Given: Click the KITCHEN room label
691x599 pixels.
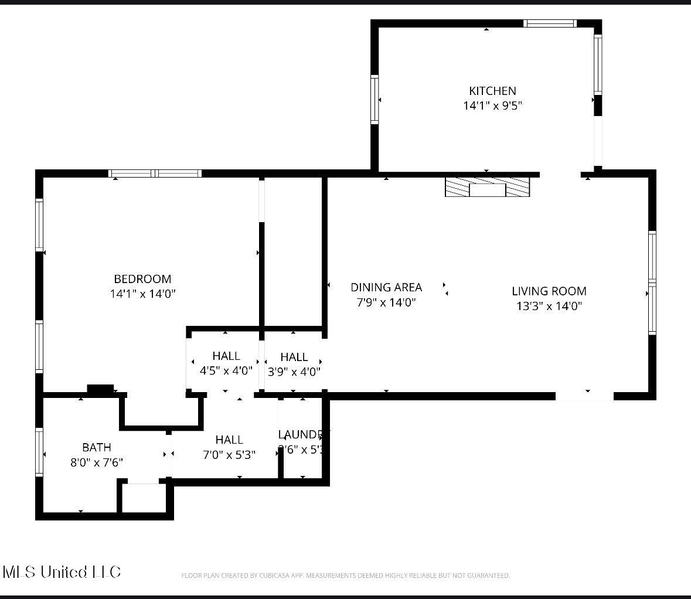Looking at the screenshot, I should [x=492, y=91].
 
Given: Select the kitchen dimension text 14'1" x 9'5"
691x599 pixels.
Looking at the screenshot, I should [x=492, y=106].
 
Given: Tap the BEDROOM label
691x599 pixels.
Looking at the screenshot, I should [x=142, y=279].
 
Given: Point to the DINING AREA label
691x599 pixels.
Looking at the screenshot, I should [x=386, y=287].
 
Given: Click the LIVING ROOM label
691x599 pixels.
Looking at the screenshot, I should [x=549, y=291].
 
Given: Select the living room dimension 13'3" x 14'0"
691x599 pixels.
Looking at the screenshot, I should [x=549, y=306].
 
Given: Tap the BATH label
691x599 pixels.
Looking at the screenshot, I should [x=97, y=447].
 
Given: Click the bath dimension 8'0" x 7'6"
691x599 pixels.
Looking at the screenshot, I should [x=97, y=462].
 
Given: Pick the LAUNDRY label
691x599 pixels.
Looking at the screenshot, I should [x=302, y=435].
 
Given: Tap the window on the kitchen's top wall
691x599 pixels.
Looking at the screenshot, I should [x=550, y=23].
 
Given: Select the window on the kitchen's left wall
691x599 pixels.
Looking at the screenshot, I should [x=375, y=99].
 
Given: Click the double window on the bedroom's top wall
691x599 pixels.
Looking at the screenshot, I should [x=155, y=173].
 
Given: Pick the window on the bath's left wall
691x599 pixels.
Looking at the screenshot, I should [x=40, y=452].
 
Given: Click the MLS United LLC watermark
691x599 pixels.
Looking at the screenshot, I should [x=62, y=572].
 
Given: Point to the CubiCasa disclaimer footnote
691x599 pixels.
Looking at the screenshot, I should [x=345, y=576].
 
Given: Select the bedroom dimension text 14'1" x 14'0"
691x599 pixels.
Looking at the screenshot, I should [x=142, y=294].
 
